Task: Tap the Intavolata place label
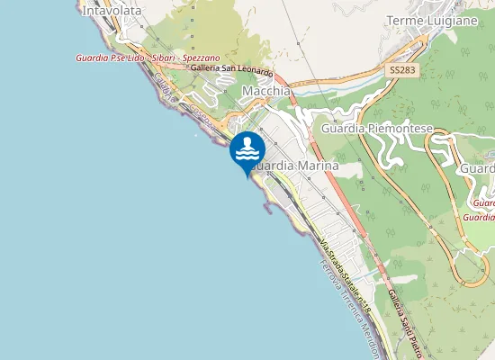(112, 12)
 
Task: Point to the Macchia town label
(266, 92)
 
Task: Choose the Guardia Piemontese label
(377, 129)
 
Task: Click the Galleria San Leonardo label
(231, 69)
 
